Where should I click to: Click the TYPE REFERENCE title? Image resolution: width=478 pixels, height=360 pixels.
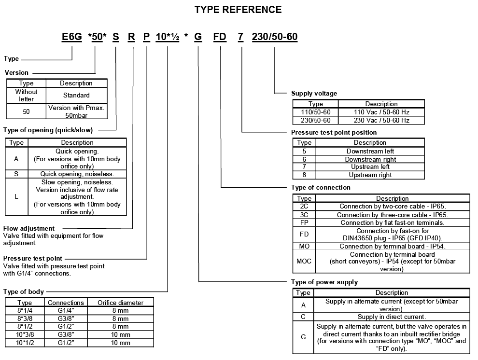[x=238, y=10]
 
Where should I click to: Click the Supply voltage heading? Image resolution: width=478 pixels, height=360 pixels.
[x=314, y=93]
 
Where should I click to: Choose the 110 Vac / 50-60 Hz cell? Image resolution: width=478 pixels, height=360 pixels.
[x=381, y=112]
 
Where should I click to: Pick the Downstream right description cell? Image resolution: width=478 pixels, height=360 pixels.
[x=370, y=159]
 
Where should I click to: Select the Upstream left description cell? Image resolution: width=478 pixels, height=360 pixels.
[x=370, y=167]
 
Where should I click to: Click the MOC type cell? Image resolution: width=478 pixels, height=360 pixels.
[x=304, y=261]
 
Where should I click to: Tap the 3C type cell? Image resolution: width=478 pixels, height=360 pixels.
[x=304, y=214]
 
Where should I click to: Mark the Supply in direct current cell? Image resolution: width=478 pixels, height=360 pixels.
[x=391, y=317]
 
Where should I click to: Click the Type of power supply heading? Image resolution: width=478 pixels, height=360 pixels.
[x=324, y=282]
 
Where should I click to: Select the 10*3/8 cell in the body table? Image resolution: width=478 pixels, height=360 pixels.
[x=25, y=334]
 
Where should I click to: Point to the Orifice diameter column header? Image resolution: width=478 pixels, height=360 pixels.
[x=120, y=303]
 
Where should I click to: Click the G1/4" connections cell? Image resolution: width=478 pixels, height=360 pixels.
[x=66, y=311]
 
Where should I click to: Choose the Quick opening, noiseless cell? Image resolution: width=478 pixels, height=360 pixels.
[x=77, y=174]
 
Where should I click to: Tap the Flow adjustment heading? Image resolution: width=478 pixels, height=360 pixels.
[x=29, y=228]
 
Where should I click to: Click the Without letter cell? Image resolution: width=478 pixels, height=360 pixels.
[x=26, y=95]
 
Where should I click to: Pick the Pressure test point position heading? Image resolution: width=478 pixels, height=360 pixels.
[x=334, y=132]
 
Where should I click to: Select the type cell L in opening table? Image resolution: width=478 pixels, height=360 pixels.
[x=16, y=196]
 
